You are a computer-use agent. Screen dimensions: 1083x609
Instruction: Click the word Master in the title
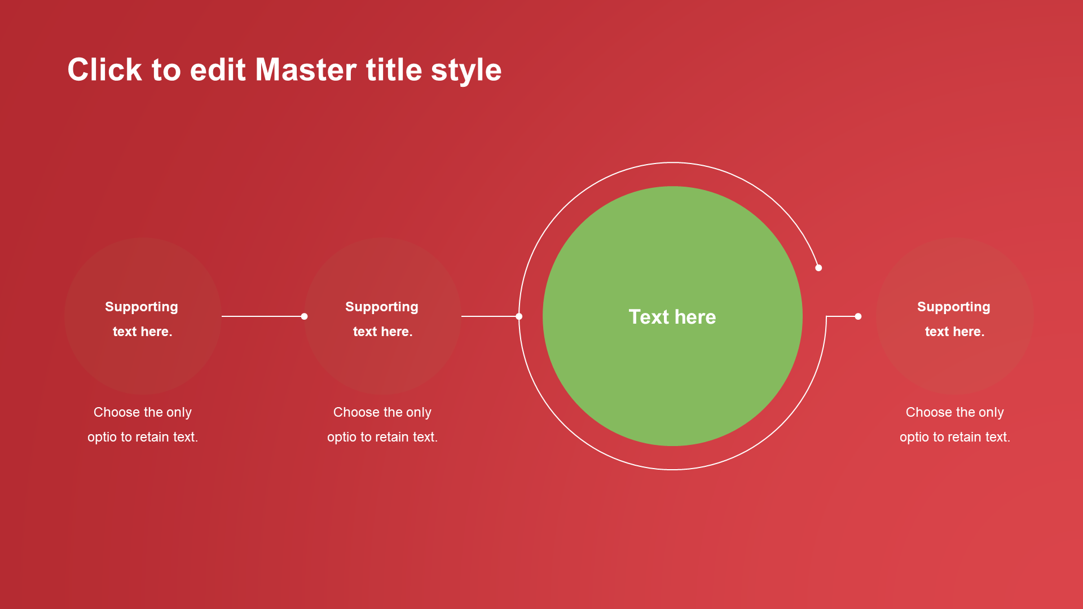click(306, 70)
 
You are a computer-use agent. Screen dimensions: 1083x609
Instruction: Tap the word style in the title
click(466, 72)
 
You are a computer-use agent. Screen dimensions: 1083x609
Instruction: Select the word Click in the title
click(105, 70)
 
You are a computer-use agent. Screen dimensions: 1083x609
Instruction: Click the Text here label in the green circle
click(672, 317)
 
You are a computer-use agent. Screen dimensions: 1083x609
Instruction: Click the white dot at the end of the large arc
click(818, 268)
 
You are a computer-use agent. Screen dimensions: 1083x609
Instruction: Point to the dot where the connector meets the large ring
click(519, 316)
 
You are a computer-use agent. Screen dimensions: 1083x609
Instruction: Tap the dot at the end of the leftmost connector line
click(304, 316)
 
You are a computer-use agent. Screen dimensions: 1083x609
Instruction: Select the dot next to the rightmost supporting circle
click(858, 316)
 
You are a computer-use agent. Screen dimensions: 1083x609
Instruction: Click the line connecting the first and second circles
click(263, 316)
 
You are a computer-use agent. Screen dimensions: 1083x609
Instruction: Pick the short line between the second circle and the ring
click(490, 316)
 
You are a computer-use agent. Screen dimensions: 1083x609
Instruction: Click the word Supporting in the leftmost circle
click(142, 307)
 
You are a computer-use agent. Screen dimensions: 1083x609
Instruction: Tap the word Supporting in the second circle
click(382, 307)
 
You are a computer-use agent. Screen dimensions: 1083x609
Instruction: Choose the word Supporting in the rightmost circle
click(954, 307)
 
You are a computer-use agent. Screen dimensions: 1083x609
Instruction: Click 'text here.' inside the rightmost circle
click(955, 332)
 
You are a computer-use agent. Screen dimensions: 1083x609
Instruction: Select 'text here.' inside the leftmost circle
click(143, 332)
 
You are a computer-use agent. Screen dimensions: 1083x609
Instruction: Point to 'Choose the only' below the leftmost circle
click(143, 413)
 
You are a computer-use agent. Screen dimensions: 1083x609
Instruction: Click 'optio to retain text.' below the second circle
click(382, 437)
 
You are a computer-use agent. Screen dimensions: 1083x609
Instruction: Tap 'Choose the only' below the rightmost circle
click(955, 413)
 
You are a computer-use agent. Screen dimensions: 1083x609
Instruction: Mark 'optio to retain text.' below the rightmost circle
click(955, 437)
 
